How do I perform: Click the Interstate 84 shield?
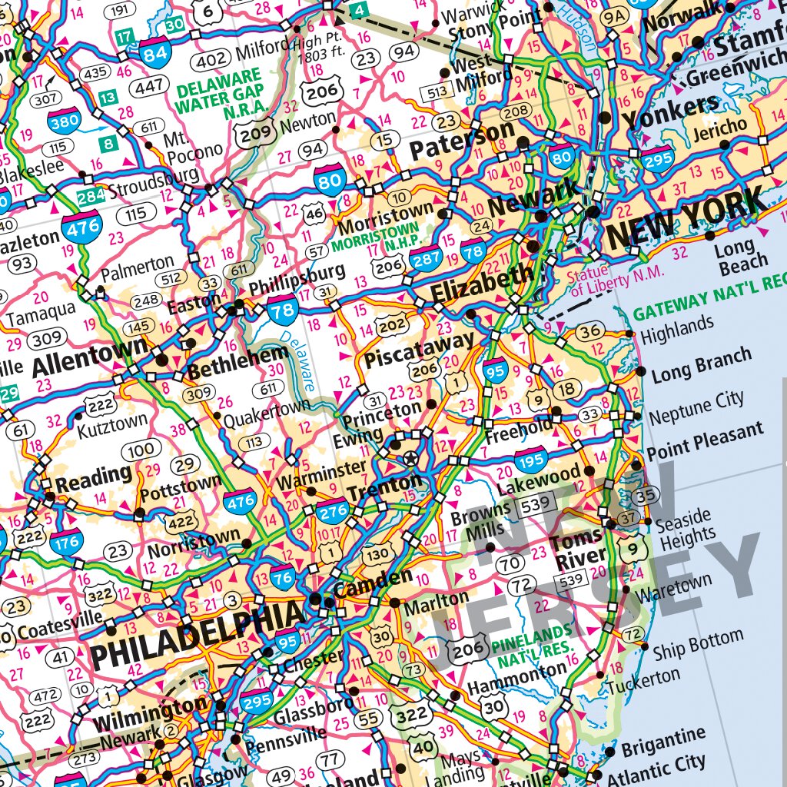click(155, 51)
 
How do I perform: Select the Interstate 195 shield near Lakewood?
click(531, 460)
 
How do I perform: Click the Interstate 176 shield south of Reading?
click(66, 543)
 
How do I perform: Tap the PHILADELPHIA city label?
click(197, 637)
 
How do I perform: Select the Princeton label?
click(382, 413)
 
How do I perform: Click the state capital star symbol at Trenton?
click(411, 460)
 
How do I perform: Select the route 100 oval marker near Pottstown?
click(141, 451)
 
